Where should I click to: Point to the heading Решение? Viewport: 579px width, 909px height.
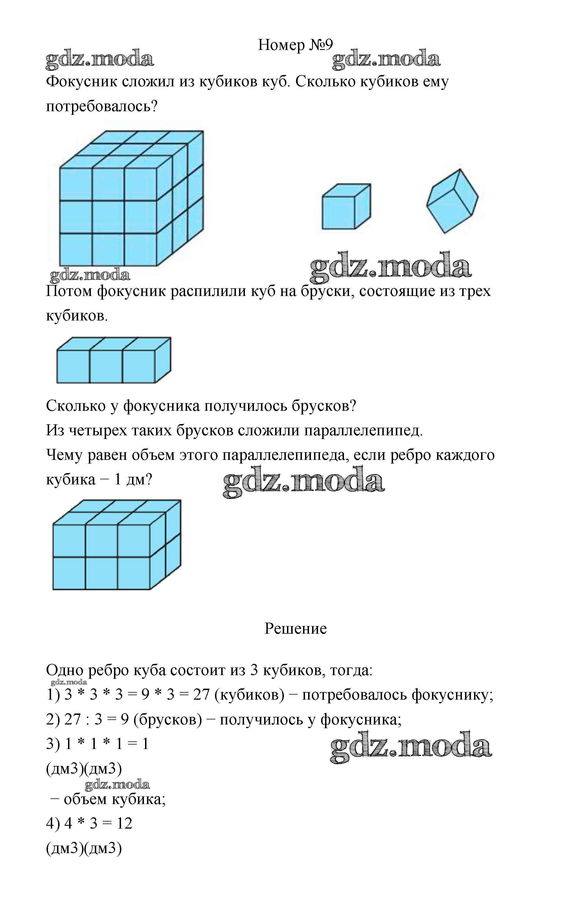coord(295,629)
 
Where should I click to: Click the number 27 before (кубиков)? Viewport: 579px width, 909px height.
coord(201,695)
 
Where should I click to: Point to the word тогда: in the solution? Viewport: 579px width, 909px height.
coord(351,670)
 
